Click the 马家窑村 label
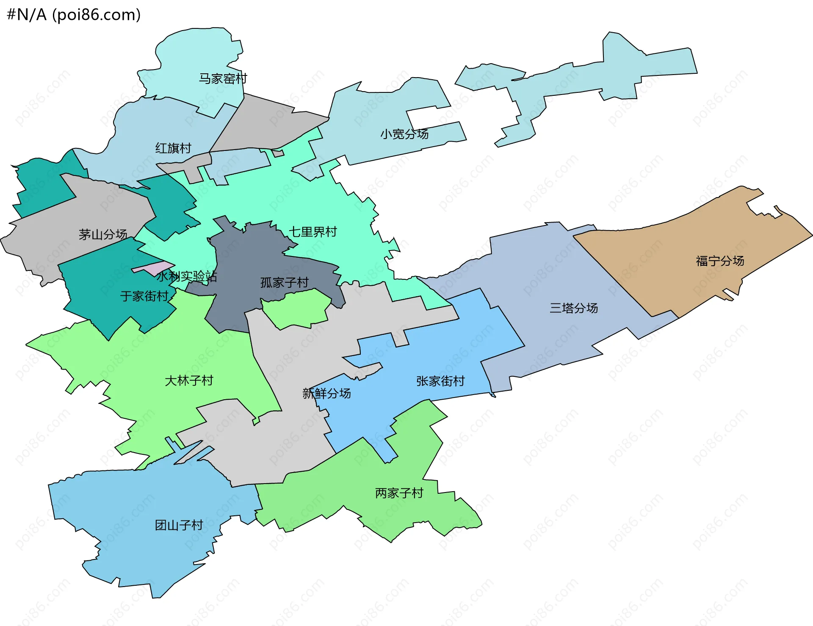[x=223, y=79]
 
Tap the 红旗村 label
[x=173, y=148]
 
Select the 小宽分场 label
[x=404, y=134]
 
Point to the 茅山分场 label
[x=103, y=234]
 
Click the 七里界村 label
[x=312, y=232]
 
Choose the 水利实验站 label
[x=187, y=277]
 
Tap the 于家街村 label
[x=144, y=296]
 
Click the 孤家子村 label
[x=284, y=283]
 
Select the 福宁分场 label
[x=720, y=261]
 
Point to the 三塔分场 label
[x=573, y=308]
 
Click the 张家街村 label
[x=440, y=381]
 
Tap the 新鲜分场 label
[x=326, y=394]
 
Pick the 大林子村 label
[x=189, y=381]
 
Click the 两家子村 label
[x=399, y=493]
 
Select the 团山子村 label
[x=179, y=526]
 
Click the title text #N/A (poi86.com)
[x=74, y=15]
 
